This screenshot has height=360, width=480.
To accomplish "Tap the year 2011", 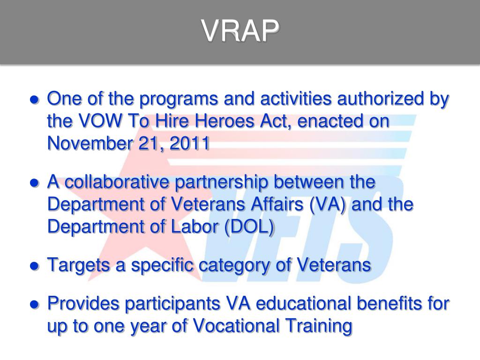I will click(x=190, y=144).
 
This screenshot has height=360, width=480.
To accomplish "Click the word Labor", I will click(x=199, y=227).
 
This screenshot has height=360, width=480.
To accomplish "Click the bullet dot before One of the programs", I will click(x=34, y=100).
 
